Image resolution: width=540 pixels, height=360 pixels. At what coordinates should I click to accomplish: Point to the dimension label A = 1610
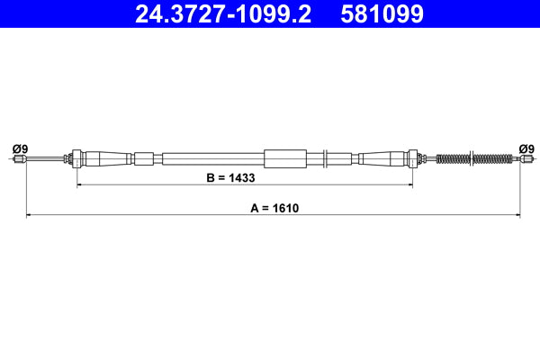tap(274, 208)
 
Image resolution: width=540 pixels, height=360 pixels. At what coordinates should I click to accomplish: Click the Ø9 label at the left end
tap(19, 148)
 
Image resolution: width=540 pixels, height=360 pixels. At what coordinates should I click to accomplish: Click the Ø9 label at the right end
tap(526, 148)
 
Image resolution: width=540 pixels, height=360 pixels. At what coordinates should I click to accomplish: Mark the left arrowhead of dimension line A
tap(29, 216)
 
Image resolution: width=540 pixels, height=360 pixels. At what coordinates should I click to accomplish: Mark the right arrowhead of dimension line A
tap(517, 216)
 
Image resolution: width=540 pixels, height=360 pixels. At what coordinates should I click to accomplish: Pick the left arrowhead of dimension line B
tap(80, 185)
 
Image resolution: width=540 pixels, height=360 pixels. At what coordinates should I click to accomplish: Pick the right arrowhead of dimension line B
tap(409, 185)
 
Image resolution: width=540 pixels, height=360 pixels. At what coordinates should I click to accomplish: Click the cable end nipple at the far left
tap(18, 159)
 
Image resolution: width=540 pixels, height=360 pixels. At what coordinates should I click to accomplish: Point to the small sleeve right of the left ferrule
tap(144, 159)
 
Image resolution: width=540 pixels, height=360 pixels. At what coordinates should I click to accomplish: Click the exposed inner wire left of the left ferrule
tap(45, 159)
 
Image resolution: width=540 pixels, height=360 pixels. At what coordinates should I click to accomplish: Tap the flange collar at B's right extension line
tap(413, 158)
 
